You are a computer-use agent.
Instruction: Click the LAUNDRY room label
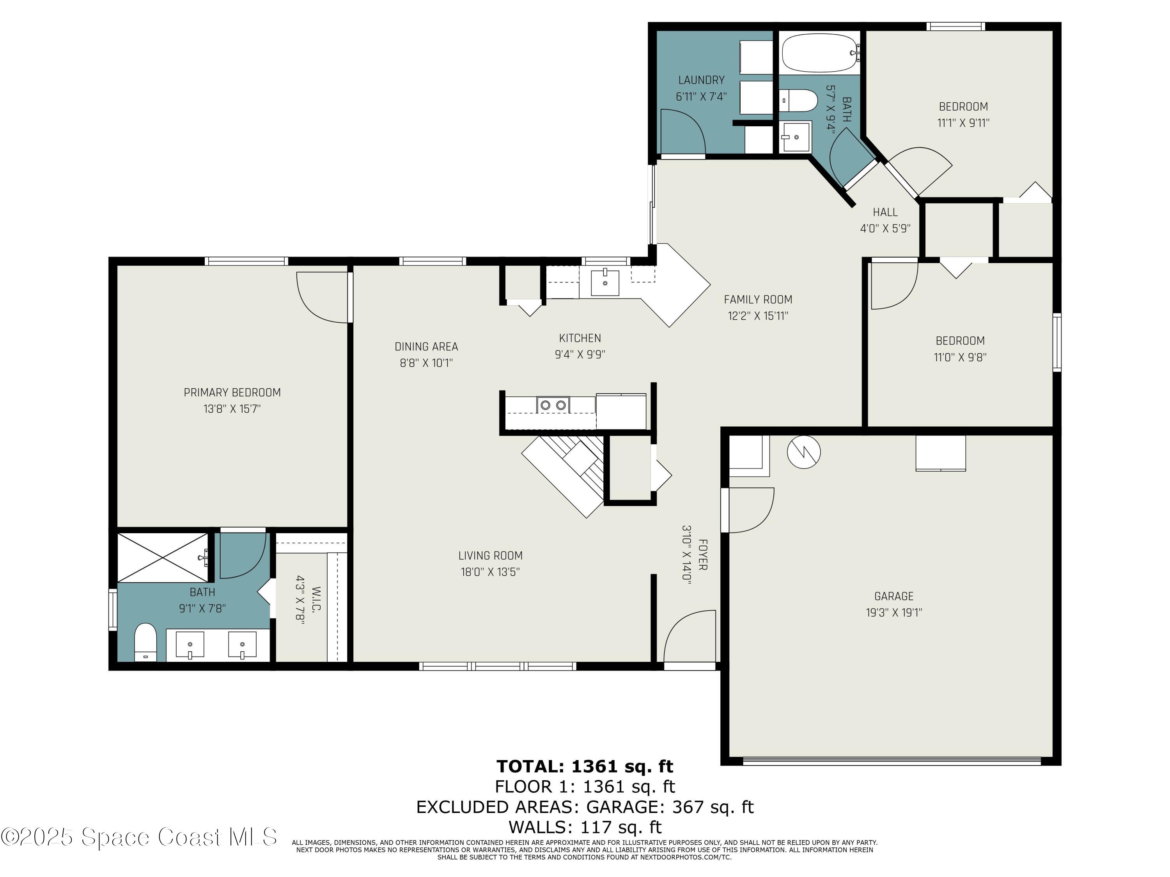tap(701, 80)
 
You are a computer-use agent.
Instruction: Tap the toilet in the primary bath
tap(145, 642)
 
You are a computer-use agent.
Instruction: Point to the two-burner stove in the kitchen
tap(553, 405)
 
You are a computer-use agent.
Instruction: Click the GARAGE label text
tap(893, 596)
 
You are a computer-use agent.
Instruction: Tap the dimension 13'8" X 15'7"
tap(232, 408)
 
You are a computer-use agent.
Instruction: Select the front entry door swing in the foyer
tap(689, 636)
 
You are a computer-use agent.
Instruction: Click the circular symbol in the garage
tap(803, 452)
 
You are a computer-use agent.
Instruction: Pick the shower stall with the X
tap(163, 558)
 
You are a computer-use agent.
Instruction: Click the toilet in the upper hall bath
tap(799, 101)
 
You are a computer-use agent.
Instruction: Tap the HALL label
tap(885, 212)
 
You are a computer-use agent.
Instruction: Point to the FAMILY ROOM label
tap(757, 300)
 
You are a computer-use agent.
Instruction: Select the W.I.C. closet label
tap(316, 599)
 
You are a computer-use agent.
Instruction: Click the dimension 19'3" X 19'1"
tap(893, 613)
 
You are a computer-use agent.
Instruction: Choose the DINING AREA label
tap(426, 347)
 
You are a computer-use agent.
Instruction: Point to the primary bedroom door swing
tap(323, 297)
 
